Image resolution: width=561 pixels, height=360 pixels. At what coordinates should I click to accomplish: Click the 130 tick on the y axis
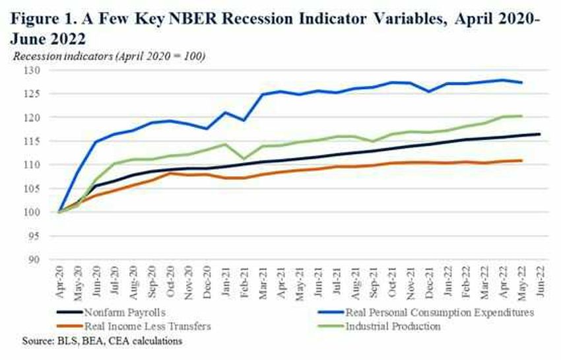point(32,70)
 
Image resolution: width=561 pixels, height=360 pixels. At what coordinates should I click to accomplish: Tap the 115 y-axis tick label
point(32,141)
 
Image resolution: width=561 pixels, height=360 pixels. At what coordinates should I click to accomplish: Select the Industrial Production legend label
point(393,326)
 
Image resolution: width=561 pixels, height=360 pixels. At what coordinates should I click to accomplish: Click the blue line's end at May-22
point(521,83)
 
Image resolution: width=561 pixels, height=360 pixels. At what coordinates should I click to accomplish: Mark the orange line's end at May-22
point(521,161)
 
